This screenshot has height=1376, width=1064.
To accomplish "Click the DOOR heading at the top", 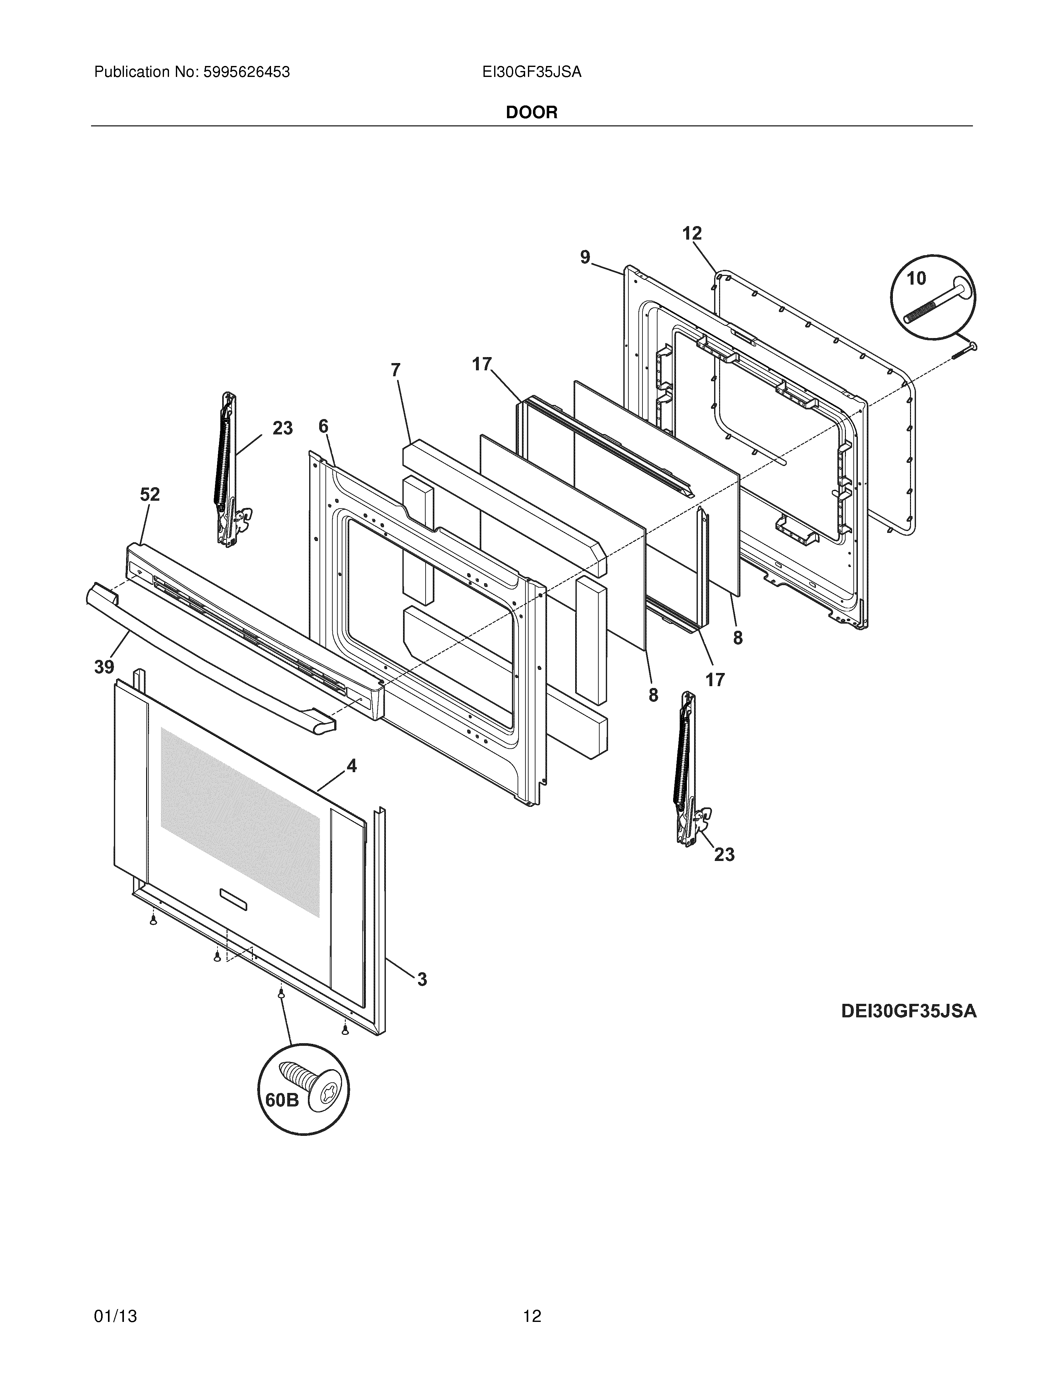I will coord(531,113).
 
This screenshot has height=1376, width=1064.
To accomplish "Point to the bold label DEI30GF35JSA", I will coord(908,1011).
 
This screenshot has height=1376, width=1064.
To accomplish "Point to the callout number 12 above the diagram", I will coord(692,234).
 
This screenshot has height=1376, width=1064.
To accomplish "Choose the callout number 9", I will coord(586,257).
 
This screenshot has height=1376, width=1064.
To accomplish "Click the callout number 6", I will coord(323,427).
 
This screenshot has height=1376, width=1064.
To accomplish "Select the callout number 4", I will coord(351,766).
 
